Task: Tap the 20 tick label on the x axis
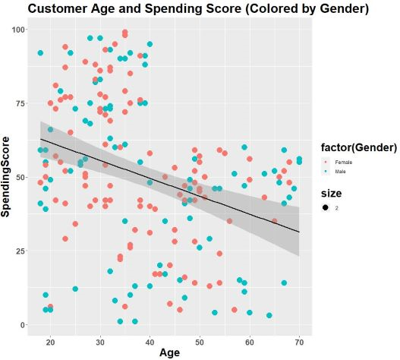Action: pos(50,339)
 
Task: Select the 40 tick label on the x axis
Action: pos(150,339)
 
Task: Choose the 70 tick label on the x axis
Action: pos(299,339)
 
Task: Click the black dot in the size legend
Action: pos(325,207)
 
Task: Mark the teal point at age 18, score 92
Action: pos(40,52)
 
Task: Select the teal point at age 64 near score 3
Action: pos(269,315)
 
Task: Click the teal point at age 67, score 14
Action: pos(284,283)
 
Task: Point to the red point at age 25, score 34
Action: pos(75,224)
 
